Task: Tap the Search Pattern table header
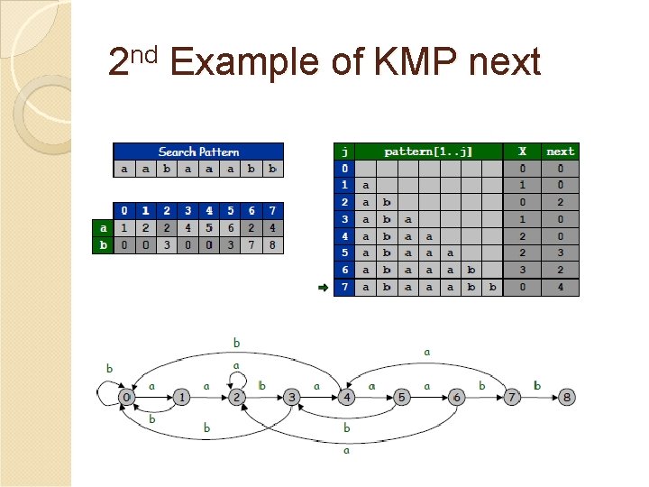[198, 152]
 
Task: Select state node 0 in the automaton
[127, 397]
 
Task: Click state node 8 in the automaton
[566, 397]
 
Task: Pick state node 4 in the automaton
[346, 397]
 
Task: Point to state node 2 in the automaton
[236, 397]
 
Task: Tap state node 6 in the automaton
[456, 397]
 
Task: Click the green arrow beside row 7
[321, 288]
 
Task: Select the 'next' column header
[560, 152]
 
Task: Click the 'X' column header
[522, 152]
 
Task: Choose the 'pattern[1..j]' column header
[428, 152]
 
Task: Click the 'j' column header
[343, 152]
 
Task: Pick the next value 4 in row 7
[560, 288]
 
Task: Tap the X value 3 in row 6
[522, 270]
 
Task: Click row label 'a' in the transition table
[103, 227]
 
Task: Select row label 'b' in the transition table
[103, 244]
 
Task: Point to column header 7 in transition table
[272, 210]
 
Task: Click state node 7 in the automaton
[511, 397]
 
